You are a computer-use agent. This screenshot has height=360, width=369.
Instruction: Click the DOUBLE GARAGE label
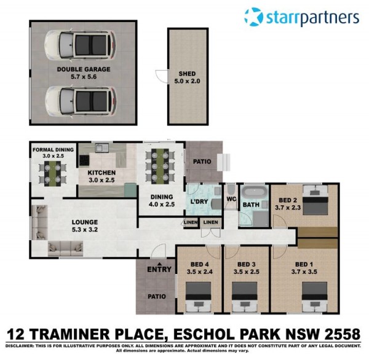pyautogui.click(x=84, y=69)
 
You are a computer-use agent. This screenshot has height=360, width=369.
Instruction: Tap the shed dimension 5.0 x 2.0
pyautogui.click(x=187, y=81)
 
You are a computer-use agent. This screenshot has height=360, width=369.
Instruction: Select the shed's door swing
pyautogui.click(x=161, y=76)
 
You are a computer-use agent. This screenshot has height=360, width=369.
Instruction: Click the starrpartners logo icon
pyautogui.click(x=253, y=17)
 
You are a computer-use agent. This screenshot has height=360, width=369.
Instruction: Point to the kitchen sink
pyautogui.click(x=102, y=148)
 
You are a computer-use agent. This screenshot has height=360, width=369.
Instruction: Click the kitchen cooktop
pyautogui.click(x=84, y=160)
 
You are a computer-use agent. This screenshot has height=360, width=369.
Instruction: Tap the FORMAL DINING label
pyautogui.click(x=53, y=149)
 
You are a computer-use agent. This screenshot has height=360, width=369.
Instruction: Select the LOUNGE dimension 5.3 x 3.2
pyautogui.click(x=85, y=230)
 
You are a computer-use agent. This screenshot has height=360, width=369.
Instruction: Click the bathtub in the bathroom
pyautogui.click(x=255, y=192)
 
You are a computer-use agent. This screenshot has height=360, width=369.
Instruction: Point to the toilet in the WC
pyautogui.click(x=231, y=189)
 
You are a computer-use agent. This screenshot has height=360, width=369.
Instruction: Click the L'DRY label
pyautogui.click(x=199, y=202)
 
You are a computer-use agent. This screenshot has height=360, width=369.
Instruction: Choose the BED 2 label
pyautogui.click(x=288, y=200)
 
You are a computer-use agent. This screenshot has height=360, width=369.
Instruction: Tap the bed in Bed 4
pyautogui.click(x=199, y=297)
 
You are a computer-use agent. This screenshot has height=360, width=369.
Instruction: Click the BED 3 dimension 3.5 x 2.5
pyautogui.click(x=247, y=272)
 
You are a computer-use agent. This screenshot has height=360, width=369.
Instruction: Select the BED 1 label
pyautogui.click(x=304, y=264)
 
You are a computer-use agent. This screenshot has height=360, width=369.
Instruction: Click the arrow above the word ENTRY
pyautogui.click(x=159, y=264)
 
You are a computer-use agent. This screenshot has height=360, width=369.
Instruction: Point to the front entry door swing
pyautogui.click(x=159, y=251)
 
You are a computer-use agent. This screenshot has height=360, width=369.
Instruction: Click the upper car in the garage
pyautogui.click(x=81, y=45)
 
